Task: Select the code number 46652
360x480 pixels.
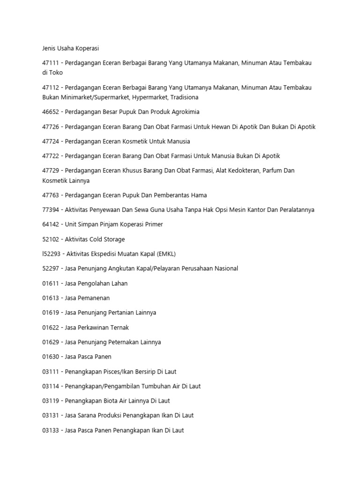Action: coord(51,112)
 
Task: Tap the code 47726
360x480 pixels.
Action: coord(51,127)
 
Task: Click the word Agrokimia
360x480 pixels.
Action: coord(187,112)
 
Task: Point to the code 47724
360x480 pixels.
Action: coord(51,142)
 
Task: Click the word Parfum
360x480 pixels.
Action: coord(270,171)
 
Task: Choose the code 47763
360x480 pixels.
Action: coord(51,195)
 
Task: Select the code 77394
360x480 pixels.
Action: coord(51,210)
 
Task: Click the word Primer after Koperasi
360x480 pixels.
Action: coord(153,225)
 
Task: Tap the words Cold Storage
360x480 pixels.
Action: coord(107,240)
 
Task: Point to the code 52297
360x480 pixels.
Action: coord(51,269)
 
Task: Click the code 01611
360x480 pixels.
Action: coord(51,284)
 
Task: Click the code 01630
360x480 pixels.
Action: coord(51,357)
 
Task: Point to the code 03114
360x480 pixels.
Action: coord(51,386)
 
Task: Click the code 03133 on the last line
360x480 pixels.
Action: coord(51,430)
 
